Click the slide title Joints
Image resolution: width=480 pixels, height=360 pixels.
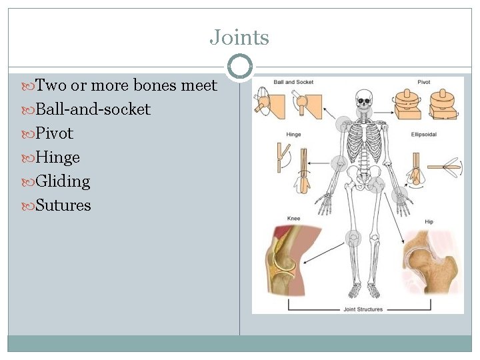(x=239, y=37)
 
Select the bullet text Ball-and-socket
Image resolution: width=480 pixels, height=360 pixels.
(x=93, y=109)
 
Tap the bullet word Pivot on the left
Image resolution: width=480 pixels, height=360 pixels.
(x=54, y=133)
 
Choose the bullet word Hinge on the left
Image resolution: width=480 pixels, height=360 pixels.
(x=57, y=157)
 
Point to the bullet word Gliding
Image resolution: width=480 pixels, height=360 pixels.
(x=63, y=181)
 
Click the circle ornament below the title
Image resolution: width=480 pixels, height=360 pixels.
(x=239, y=67)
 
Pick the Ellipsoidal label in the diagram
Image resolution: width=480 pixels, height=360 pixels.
(x=423, y=134)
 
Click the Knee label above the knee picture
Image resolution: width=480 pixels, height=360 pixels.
(x=293, y=218)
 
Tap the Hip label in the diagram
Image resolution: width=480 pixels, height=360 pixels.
(x=429, y=221)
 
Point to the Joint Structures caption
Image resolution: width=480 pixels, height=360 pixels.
(x=364, y=309)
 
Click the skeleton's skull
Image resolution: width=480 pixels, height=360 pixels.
(x=363, y=101)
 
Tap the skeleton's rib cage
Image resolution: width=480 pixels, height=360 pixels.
(x=364, y=137)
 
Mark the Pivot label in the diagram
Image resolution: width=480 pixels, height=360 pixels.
(x=425, y=83)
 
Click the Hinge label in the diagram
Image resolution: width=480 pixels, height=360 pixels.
(x=293, y=134)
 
